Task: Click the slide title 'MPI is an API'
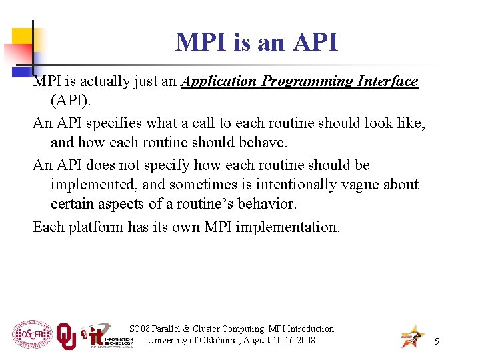(257, 43)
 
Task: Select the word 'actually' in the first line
(114, 82)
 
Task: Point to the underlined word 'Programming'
(307, 82)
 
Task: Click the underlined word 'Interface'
(387, 81)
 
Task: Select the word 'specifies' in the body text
(116, 123)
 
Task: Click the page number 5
(437, 341)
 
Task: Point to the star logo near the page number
(411, 337)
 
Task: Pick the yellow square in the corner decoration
(23, 38)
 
